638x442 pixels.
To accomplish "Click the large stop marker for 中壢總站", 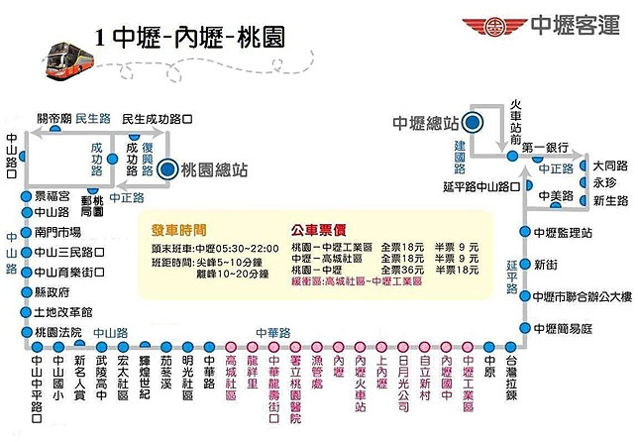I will point(473,123).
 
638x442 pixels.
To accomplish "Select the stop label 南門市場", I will point(57,231).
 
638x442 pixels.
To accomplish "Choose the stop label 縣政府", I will point(52,293).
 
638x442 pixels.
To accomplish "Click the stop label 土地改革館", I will point(62,312).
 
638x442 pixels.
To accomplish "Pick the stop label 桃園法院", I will point(57,331).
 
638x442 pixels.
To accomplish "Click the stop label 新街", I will point(546,265).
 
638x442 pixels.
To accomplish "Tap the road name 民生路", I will point(92,118).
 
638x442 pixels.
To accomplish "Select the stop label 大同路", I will point(610,165).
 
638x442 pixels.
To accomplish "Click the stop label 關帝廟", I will point(53,118).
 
